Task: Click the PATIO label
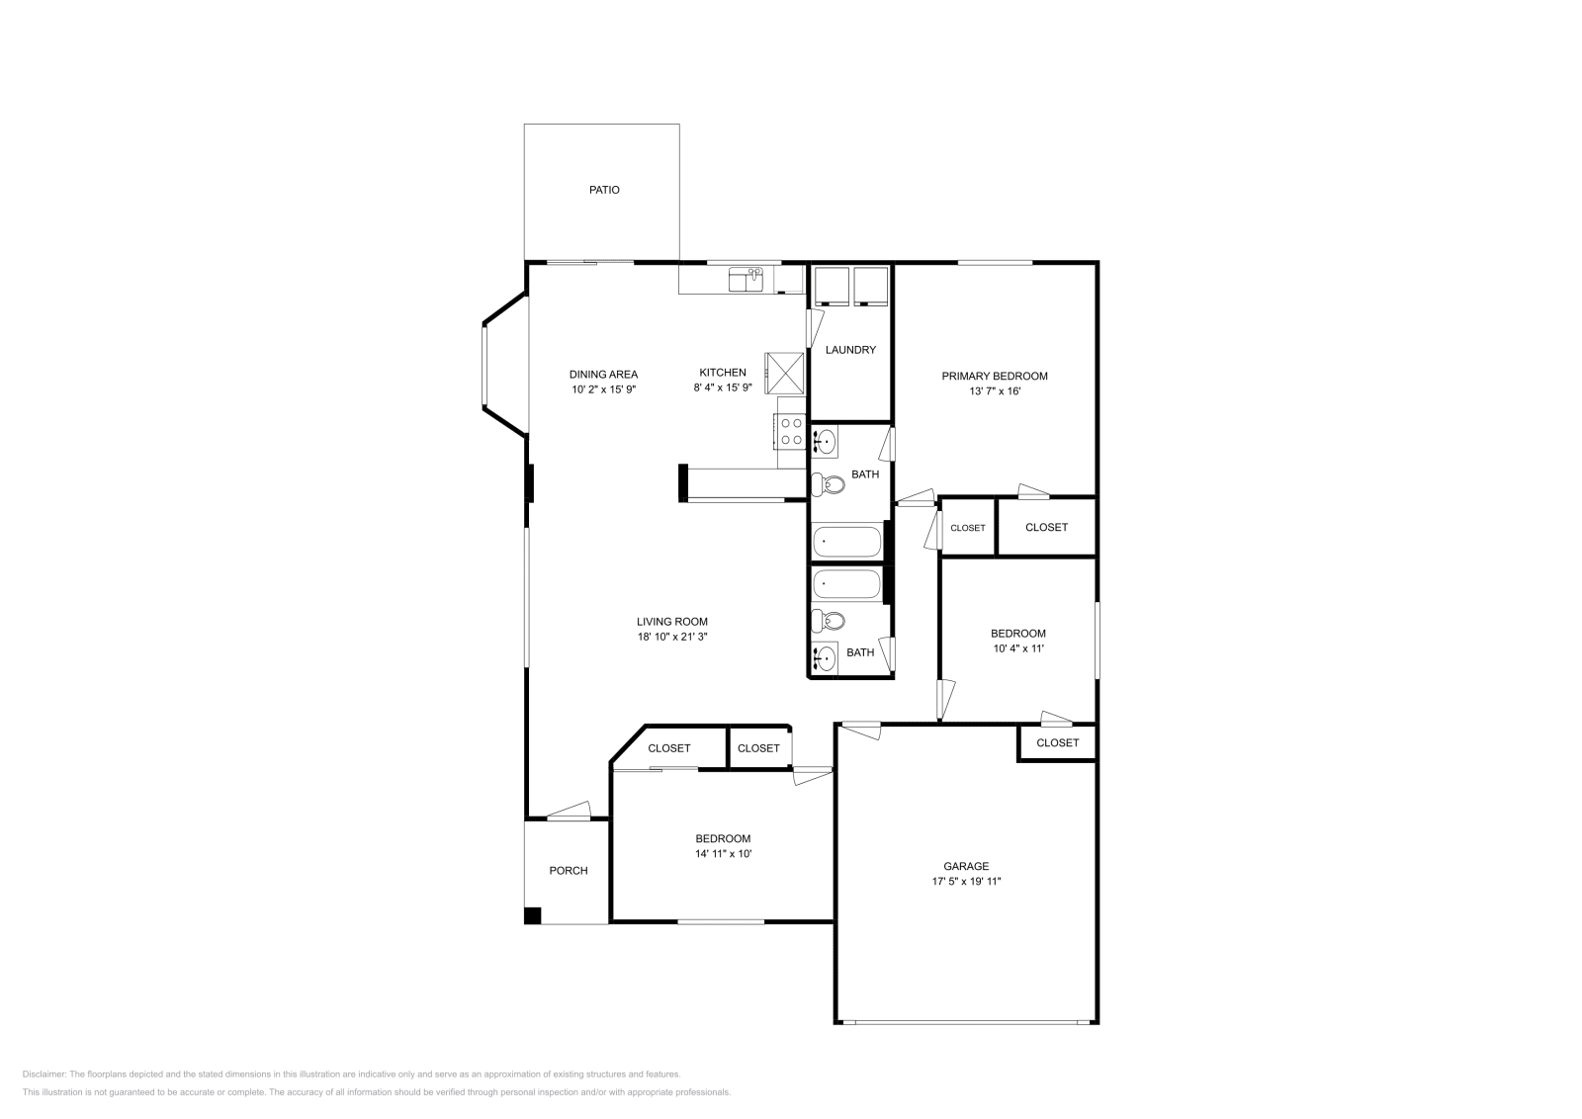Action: coord(604,190)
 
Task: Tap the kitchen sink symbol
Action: coord(747,280)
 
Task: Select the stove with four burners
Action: coord(791,431)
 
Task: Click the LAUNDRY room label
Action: coord(850,350)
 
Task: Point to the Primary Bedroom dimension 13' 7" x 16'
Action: coord(994,391)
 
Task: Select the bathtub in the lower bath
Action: coord(846,584)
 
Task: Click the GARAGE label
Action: coord(966,866)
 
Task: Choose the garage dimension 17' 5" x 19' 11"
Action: coord(966,882)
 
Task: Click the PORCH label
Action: coord(569,871)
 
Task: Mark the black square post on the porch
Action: coord(532,915)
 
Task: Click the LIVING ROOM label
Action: coord(671,622)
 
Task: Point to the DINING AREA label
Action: coord(603,375)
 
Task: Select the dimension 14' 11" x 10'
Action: coord(723,854)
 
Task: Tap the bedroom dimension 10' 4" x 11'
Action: coord(1018,649)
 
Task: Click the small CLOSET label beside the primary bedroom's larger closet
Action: coord(967,528)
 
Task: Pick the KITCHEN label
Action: coord(723,373)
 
